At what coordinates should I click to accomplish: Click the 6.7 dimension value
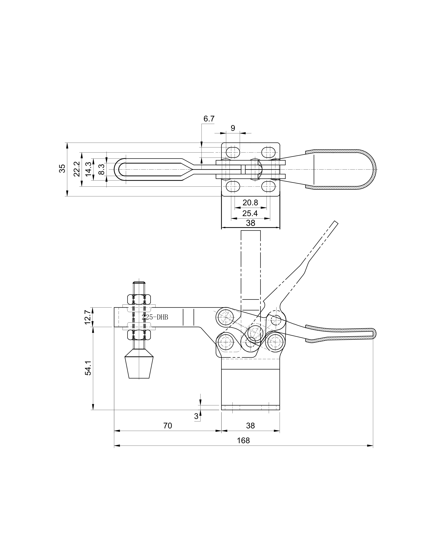coord(209,119)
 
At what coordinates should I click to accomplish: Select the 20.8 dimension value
coord(250,203)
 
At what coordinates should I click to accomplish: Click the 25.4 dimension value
coord(250,213)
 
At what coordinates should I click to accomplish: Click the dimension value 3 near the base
coord(196,416)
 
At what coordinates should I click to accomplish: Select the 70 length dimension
coord(168,425)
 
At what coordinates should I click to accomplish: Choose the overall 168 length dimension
coord(243,440)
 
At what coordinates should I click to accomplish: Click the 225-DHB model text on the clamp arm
coord(155,317)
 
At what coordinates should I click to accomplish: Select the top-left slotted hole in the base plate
coord(233,152)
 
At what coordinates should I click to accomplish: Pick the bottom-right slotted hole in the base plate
coord(268,186)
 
